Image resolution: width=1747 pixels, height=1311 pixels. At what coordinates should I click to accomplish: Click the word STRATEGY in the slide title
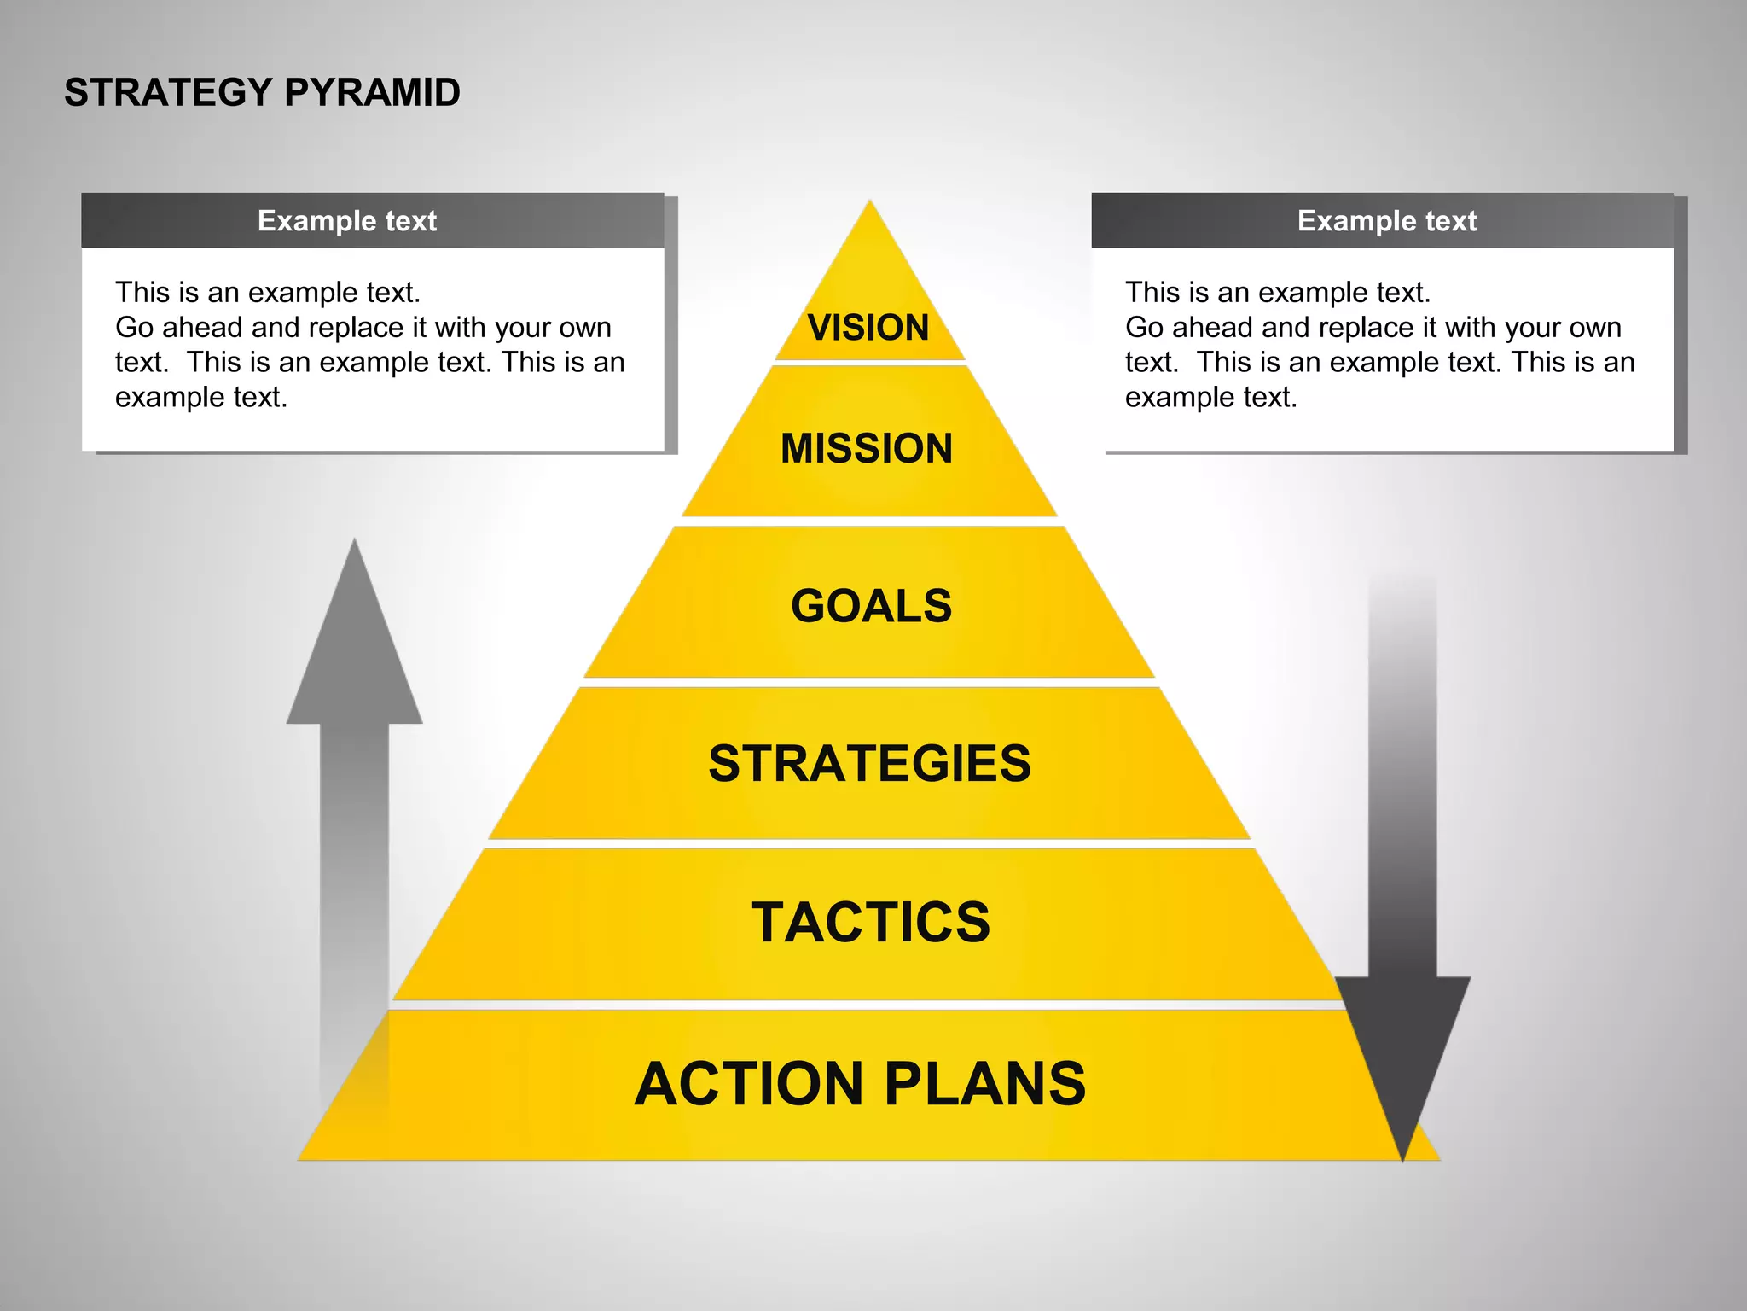tap(168, 92)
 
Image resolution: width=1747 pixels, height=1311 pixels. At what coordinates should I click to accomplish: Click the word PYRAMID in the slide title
tap(372, 92)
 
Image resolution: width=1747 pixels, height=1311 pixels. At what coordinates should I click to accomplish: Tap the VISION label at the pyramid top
tap(868, 328)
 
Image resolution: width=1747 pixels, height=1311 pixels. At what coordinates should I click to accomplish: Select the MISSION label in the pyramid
tap(867, 449)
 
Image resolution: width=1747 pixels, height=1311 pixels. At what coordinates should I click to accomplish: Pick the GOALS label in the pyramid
tap(871, 606)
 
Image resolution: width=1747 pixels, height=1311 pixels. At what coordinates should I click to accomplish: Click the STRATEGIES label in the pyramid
tap(869, 763)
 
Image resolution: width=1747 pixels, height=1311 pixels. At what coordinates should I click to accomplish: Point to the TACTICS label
tap(870, 923)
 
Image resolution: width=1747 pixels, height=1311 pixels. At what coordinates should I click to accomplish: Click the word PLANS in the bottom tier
tap(985, 1084)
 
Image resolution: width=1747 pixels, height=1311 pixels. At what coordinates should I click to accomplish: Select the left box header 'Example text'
tap(346, 221)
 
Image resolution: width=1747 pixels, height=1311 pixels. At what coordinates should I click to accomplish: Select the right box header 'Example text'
tap(1386, 221)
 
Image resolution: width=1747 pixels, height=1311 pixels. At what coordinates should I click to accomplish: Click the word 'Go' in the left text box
tap(134, 328)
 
